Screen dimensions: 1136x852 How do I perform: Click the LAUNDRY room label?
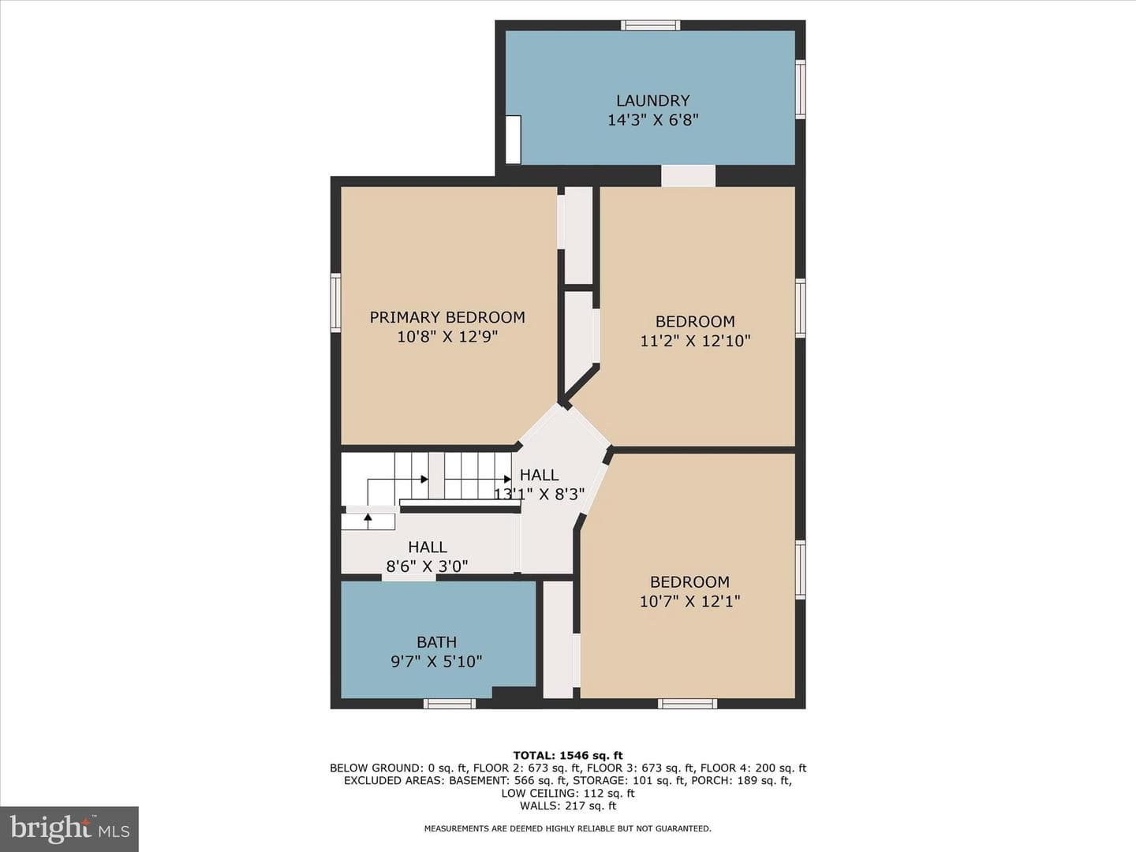point(652,100)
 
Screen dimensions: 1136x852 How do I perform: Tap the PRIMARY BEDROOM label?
point(447,317)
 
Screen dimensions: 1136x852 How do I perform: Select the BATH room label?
point(437,642)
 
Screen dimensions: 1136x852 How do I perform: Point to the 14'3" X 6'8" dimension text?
point(652,120)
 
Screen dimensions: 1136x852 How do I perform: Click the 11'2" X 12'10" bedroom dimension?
point(696,341)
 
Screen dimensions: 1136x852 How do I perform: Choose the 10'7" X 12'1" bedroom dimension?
point(689,601)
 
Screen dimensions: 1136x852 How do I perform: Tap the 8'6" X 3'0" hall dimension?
point(427,566)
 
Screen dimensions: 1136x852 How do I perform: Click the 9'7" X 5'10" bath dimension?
point(436,662)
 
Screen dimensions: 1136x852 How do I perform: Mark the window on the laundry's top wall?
point(651,24)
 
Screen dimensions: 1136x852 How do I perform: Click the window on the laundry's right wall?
point(800,89)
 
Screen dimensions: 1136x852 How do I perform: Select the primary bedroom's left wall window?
point(336,303)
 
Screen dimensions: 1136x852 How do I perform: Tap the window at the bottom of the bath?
point(450,704)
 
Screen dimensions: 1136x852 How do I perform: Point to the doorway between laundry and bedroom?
point(689,176)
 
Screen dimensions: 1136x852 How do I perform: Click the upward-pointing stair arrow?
point(368,521)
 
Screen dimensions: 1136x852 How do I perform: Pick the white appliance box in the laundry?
point(513,139)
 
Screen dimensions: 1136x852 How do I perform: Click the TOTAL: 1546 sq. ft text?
point(568,756)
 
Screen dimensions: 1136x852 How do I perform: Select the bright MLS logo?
point(69,828)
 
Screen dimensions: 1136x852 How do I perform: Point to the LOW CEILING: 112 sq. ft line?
point(568,794)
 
